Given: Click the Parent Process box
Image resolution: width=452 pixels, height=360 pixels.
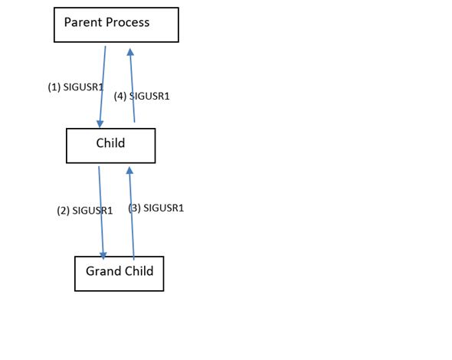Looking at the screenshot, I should (116, 25).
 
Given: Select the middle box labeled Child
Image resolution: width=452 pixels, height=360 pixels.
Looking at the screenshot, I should (110, 146).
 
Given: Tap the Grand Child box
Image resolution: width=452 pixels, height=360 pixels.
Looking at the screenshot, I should (119, 273).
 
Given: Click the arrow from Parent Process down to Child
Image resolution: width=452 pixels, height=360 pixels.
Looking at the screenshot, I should (103, 84).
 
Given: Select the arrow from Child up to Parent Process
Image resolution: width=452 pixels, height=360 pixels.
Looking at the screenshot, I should (133, 88).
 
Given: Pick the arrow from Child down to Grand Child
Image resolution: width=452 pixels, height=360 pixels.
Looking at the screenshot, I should (101, 214).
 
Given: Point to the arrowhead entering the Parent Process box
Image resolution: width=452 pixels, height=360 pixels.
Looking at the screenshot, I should (130, 52).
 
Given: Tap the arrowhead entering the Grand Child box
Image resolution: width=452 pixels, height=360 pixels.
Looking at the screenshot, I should (103, 254).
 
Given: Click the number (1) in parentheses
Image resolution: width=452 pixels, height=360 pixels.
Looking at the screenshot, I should (54, 87).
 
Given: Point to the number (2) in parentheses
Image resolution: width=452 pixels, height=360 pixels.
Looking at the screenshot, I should (64, 211).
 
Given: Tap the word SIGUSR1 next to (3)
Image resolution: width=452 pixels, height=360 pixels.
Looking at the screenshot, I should (163, 208).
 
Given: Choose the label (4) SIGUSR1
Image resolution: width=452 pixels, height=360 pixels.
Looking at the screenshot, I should (142, 97).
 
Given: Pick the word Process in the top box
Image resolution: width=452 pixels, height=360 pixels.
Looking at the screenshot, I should (127, 22).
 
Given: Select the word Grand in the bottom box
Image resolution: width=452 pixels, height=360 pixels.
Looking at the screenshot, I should (102, 271).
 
